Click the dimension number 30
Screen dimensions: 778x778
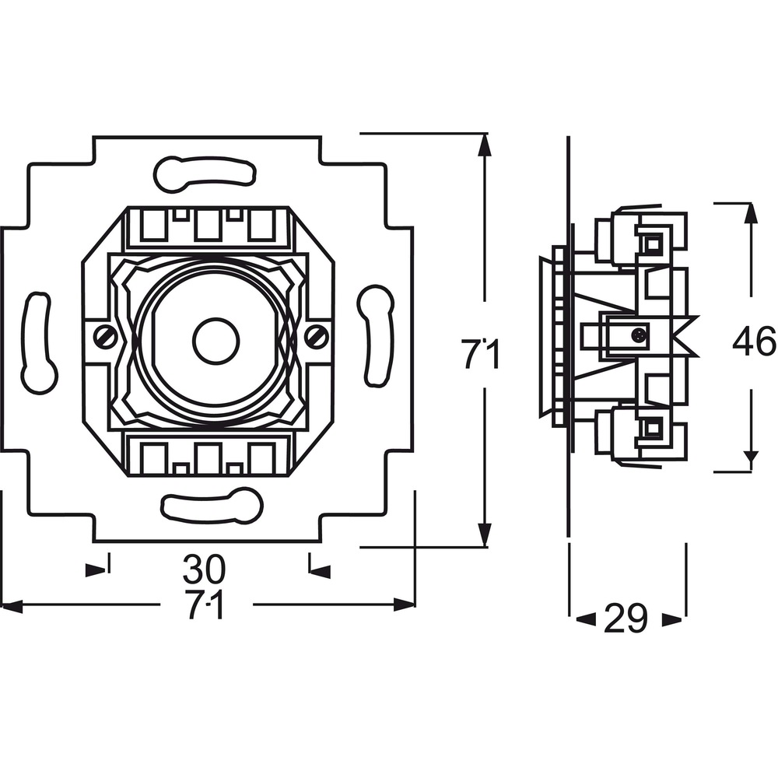pos(204,569)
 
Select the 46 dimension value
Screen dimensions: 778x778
pos(754,341)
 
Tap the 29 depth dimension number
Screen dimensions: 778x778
pos(626,619)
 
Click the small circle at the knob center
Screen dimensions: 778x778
pos(216,342)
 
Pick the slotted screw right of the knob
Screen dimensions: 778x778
pos(316,338)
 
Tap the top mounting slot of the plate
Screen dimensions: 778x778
pos(205,173)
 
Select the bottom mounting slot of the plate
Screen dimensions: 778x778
pos(212,506)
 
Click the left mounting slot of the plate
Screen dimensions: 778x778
pos(39,343)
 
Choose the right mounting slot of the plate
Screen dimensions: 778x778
pos(376,335)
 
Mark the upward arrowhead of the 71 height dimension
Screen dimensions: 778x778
pos(485,147)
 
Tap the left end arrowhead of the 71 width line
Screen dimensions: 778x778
pos(12,605)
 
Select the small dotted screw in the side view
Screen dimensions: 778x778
pos(640,335)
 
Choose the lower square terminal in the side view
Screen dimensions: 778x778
pos(652,426)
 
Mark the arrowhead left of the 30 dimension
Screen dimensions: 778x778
pos(96,570)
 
